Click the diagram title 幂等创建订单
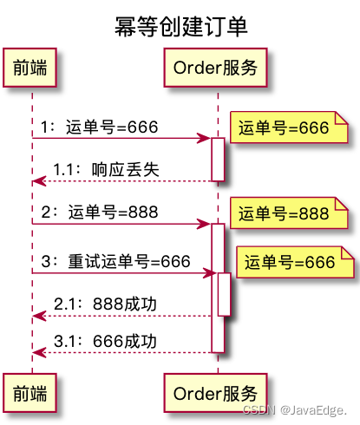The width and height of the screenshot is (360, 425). (180, 27)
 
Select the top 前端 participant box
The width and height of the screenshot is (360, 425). (32, 68)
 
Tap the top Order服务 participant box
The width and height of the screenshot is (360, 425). (216, 68)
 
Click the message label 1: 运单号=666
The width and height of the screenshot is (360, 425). (99, 127)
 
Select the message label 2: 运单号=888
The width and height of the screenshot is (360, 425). (99, 212)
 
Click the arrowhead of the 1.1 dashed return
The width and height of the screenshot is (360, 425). (37, 181)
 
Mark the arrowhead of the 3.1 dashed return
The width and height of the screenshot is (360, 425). (37, 353)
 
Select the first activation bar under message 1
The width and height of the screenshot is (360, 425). (218, 160)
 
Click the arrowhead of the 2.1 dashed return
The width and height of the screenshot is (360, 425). (37, 316)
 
